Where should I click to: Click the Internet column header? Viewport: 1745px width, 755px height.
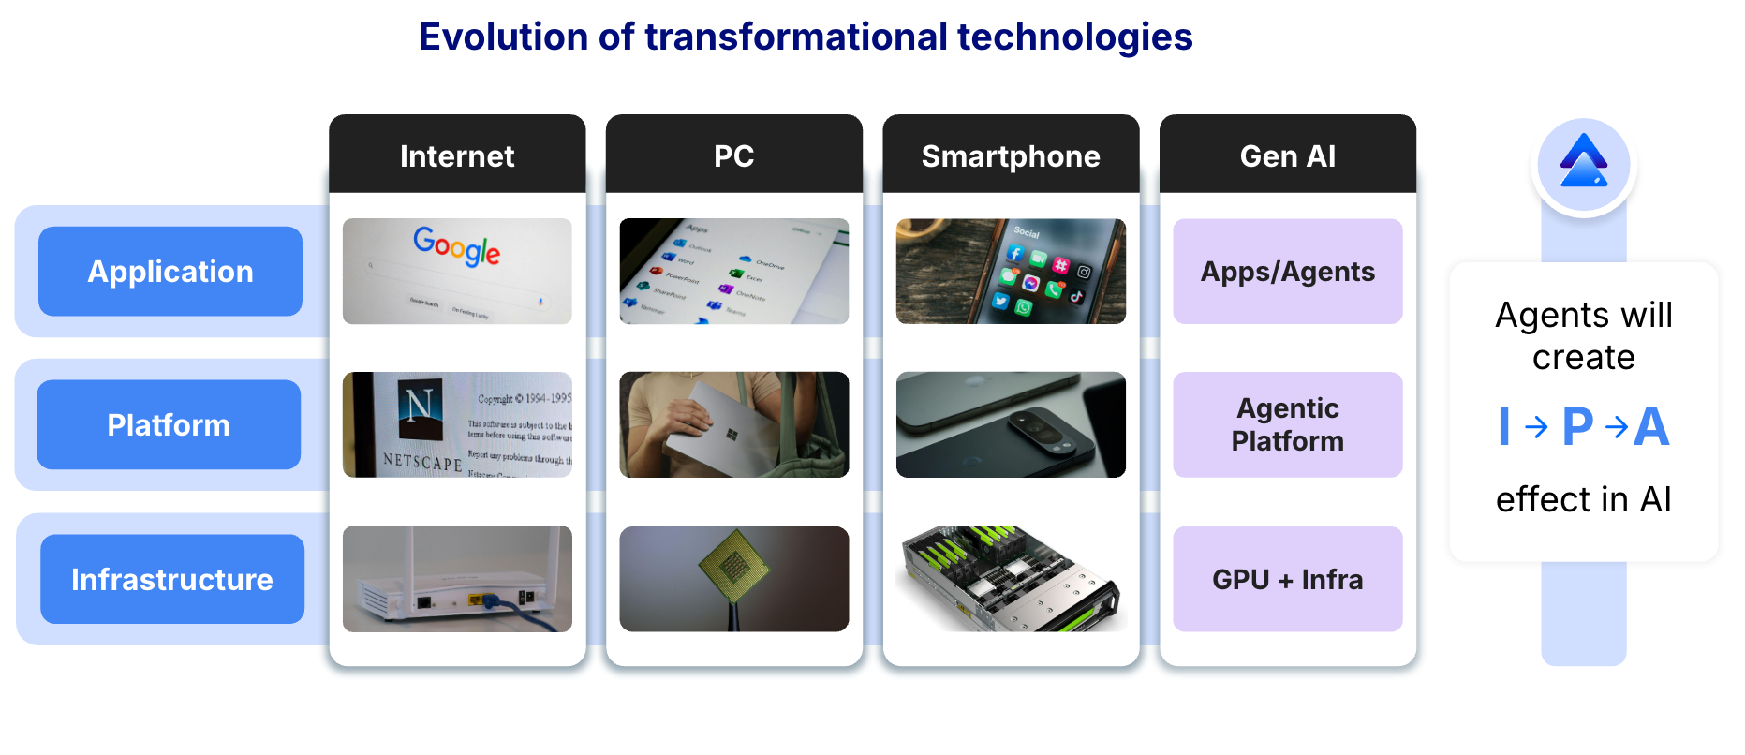click(x=457, y=155)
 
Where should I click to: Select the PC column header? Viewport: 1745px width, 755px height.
click(x=733, y=155)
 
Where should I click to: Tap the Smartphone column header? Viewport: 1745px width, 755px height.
click(x=1011, y=155)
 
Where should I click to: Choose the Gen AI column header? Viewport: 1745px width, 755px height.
click(x=1287, y=155)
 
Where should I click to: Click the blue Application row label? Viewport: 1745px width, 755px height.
click(x=170, y=272)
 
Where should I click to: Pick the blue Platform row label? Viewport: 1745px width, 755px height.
click(x=169, y=425)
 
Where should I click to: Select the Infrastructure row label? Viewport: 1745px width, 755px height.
click(x=172, y=580)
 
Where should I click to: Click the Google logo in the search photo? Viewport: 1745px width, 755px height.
click(x=457, y=246)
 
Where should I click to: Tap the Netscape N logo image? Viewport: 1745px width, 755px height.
click(x=419, y=406)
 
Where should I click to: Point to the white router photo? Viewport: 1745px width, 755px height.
click(x=457, y=579)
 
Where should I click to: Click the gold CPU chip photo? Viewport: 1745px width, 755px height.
click(x=734, y=566)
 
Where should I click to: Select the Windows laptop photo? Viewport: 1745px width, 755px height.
click(x=733, y=425)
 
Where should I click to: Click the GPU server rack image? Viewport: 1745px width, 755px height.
click(x=1011, y=579)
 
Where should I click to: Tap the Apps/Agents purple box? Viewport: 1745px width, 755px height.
click(x=1287, y=272)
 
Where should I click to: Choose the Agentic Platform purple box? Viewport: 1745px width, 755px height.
click(x=1287, y=425)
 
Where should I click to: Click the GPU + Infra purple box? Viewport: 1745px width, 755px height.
click(x=1287, y=580)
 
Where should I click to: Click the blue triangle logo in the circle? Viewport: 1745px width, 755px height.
click(x=1583, y=163)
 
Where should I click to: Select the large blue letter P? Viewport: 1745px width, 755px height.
click(x=1577, y=427)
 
